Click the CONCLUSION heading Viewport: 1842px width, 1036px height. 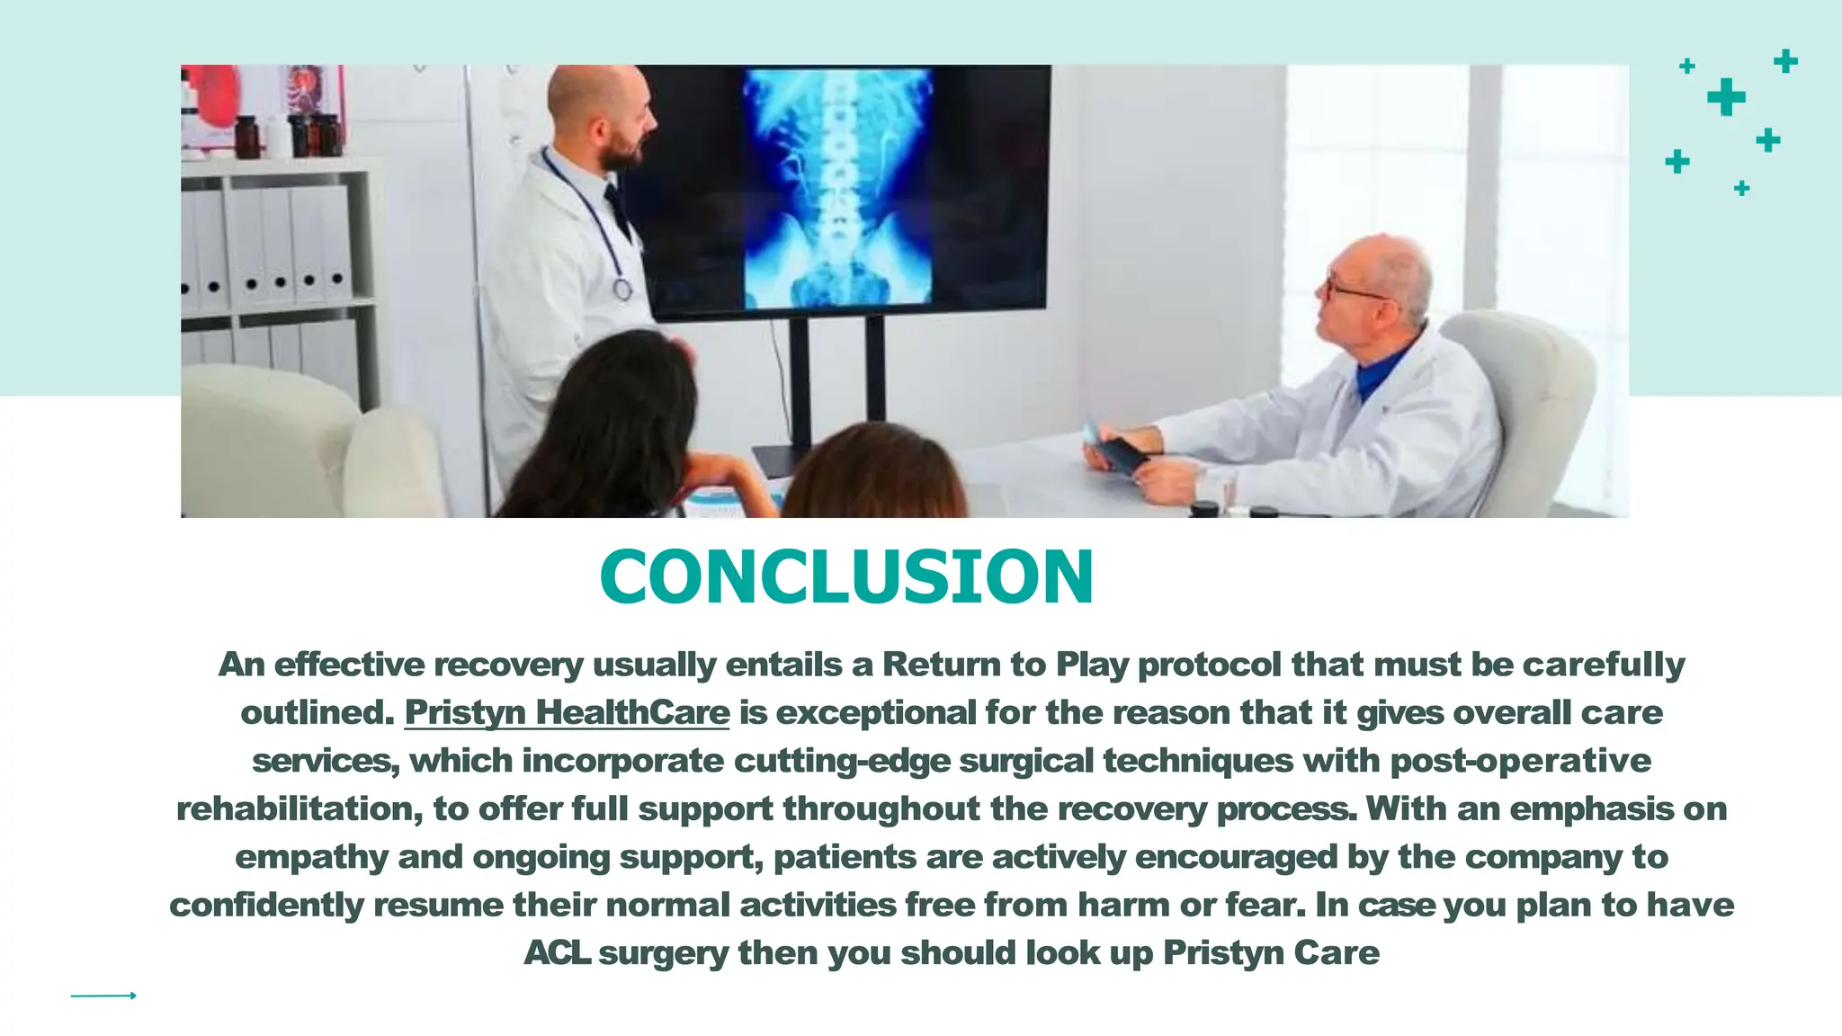tap(846, 576)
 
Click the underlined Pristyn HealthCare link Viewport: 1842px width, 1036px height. tap(567, 712)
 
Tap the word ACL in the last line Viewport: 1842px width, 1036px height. tap(557, 952)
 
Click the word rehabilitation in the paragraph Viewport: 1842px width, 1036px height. tap(299, 808)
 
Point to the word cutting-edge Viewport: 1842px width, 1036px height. tap(842, 761)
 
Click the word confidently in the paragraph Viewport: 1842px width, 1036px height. tap(266, 905)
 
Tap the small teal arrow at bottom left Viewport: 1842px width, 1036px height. tap(103, 996)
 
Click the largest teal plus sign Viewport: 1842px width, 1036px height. tap(1726, 97)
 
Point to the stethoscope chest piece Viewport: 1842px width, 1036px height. tap(622, 290)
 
